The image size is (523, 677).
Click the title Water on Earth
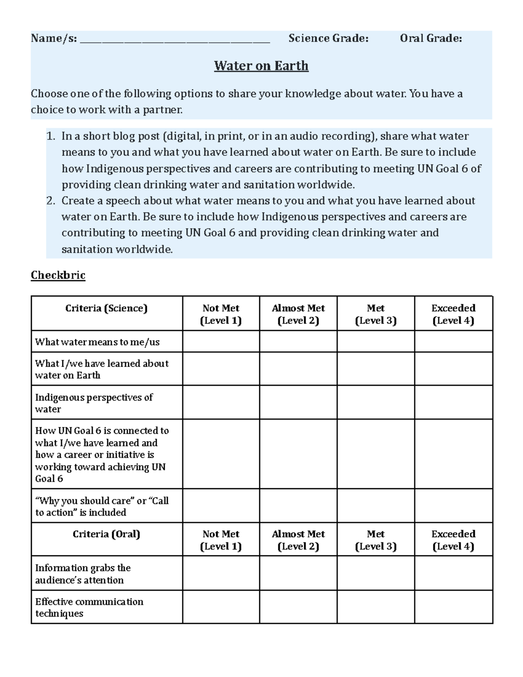tap(261, 66)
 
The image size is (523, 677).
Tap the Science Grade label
tap(328, 38)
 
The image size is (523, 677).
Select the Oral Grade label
tap(431, 38)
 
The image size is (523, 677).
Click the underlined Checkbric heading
tap(58, 275)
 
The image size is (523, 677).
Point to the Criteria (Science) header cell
tap(106, 309)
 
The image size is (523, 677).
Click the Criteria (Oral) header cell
tap(106, 534)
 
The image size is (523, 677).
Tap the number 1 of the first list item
tap(51, 136)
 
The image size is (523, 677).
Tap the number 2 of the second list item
tap(51, 201)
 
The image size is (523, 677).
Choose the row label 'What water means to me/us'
tap(97, 342)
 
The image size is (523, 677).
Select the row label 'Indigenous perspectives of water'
tap(94, 403)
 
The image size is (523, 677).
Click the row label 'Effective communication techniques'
tap(89, 607)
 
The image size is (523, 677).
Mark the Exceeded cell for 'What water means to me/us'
tap(453, 341)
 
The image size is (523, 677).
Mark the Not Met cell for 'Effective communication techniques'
tap(221, 607)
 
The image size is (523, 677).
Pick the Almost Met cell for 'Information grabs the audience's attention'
tap(298, 573)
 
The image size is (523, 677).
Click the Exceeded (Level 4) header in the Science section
tap(453, 314)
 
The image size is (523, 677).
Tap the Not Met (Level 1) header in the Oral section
tap(221, 540)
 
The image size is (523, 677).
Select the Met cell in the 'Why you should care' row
tap(375, 506)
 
